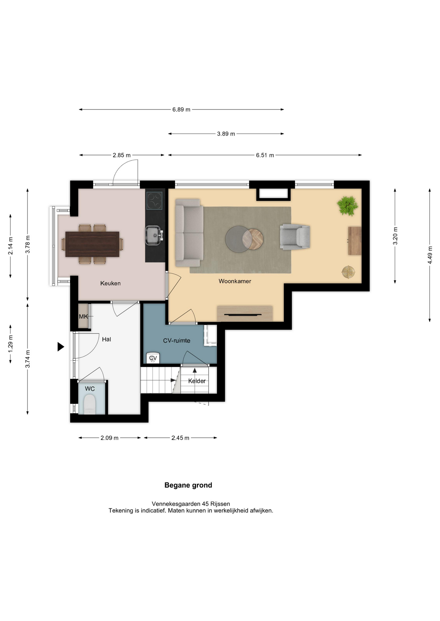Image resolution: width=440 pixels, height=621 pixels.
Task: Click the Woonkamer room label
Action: tap(235, 281)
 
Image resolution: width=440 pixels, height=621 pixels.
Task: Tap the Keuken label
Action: tap(110, 283)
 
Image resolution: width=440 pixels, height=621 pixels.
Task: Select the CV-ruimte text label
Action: tap(177, 341)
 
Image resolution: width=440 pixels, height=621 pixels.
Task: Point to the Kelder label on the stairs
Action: tap(197, 381)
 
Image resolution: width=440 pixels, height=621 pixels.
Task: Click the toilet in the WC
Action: tap(90, 405)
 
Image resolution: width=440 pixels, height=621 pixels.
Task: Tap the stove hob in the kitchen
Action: tap(154, 201)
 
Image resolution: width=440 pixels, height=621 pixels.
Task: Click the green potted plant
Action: tap(347, 206)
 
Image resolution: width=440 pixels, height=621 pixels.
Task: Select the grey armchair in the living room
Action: tap(295, 237)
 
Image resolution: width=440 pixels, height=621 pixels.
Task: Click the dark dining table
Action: tap(92, 244)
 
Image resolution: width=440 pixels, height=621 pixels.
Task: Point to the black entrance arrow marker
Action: tap(61, 347)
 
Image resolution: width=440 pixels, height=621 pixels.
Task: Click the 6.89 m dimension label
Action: tap(181, 110)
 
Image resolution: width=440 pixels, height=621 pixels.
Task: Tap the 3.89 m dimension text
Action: tap(226, 134)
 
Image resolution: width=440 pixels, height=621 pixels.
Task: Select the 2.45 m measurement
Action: tap(180, 438)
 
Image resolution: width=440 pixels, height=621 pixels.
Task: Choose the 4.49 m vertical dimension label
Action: tap(430, 255)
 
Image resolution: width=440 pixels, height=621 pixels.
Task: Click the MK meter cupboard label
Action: tap(83, 317)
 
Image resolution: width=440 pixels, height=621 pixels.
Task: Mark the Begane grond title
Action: tap(188, 485)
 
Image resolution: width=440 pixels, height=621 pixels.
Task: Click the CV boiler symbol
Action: tap(153, 358)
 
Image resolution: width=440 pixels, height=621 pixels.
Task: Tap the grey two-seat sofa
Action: tap(189, 233)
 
